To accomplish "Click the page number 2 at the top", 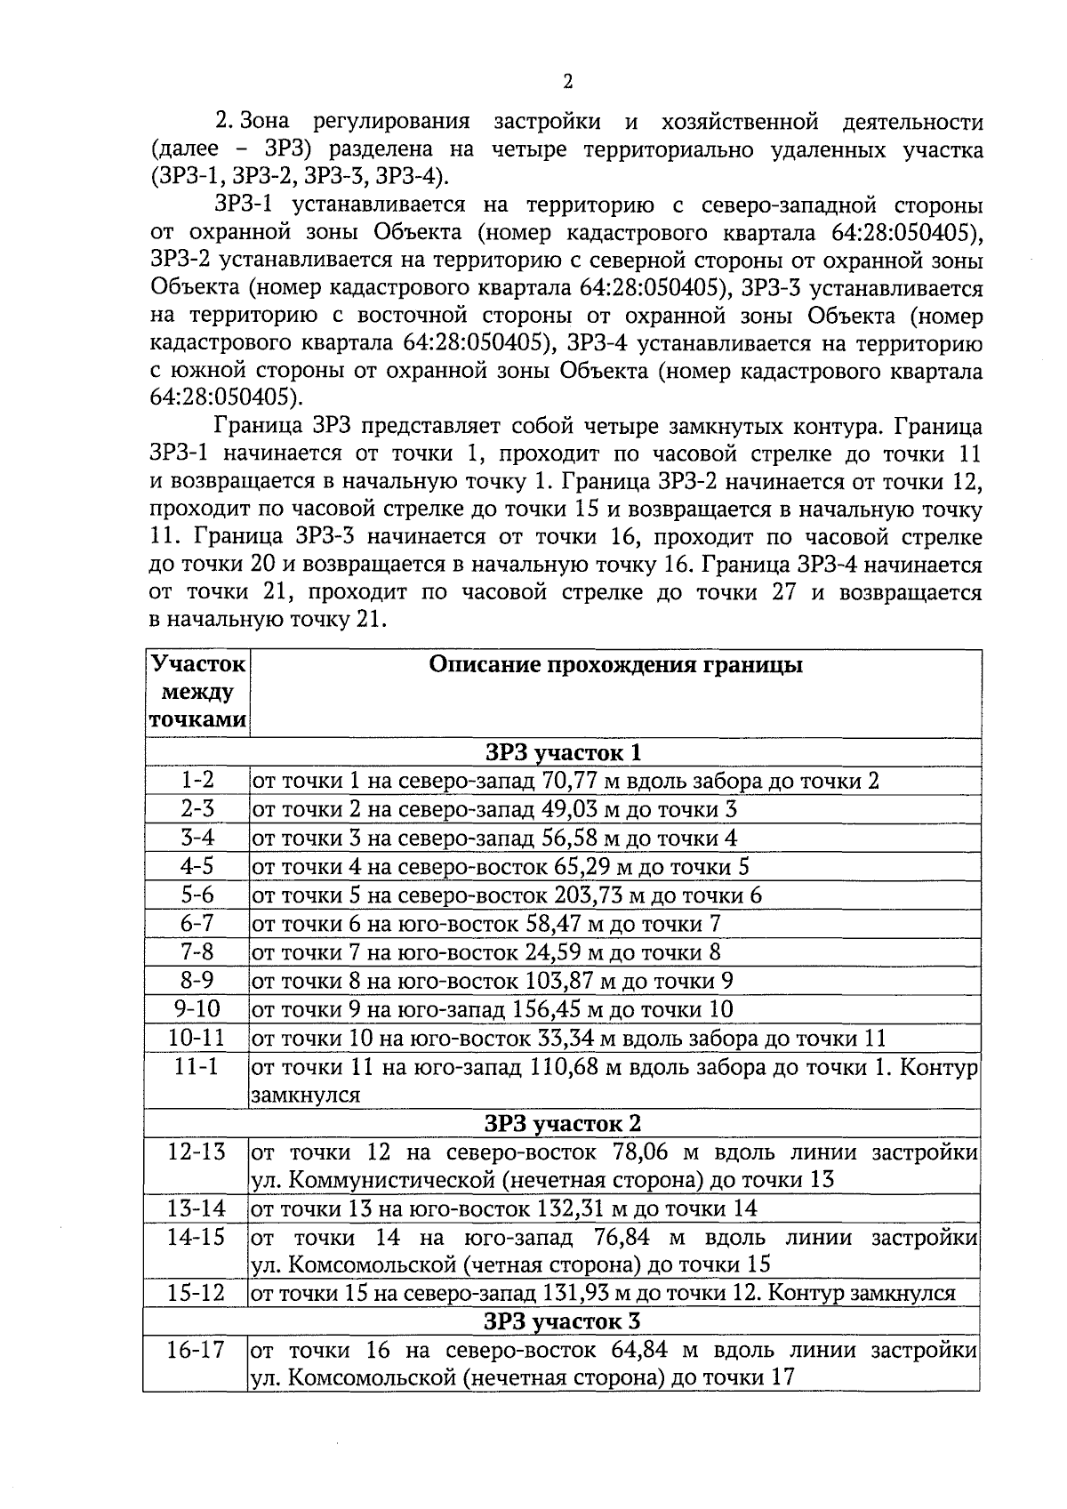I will [x=567, y=82].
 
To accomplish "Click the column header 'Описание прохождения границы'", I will [x=615, y=665].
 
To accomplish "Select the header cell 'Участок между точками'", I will [x=197, y=692].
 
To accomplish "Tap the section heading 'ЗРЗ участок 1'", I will [x=562, y=752].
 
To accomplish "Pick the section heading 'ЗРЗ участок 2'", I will [x=562, y=1123].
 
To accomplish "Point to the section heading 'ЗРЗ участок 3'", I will [x=562, y=1321].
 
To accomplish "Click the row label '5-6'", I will [x=197, y=895].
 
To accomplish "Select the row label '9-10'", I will [x=197, y=1008].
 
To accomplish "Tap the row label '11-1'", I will [x=197, y=1066].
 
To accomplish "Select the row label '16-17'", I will [x=197, y=1350].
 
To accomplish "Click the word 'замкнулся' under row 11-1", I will [x=306, y=1095].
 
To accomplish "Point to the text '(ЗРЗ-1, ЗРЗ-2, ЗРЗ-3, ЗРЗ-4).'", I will [x=300, y=176].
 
